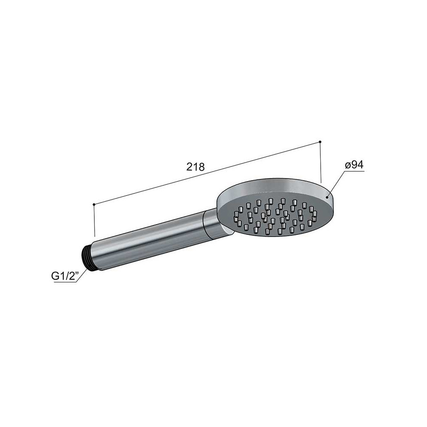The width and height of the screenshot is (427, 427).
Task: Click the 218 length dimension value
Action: (195, 167)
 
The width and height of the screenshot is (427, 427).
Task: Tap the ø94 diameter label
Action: (354, 165)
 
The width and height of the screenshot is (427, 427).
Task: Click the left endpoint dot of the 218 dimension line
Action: (94, 204)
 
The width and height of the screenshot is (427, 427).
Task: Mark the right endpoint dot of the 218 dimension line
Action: (320, 142)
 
